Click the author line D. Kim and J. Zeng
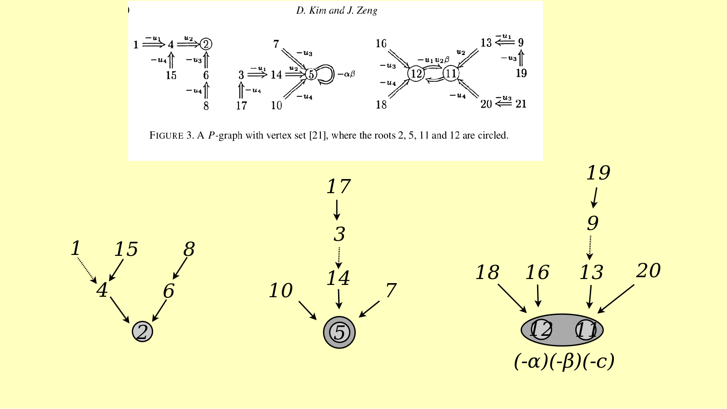coord(337,11)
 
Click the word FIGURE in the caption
coord(166,135)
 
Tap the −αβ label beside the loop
coord(346,74)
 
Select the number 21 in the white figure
coord(521,104)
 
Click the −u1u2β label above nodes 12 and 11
coord(433,60)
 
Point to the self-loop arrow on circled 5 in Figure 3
coord(330,75)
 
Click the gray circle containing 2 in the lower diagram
coord(142,331)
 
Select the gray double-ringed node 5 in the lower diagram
coord(339,332)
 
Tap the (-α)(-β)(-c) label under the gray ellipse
coord(564,361)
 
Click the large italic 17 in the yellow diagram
coord(338,186)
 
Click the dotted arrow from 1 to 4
coord(87,270)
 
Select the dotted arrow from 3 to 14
coord(339,258)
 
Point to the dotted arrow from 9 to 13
coord(590,248)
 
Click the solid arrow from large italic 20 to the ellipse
coord(616,299)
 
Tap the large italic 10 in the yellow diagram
coord(281,290)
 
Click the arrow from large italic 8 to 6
coord(180,269)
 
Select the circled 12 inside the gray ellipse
coord(541,329)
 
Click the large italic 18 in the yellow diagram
coord(487,272)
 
